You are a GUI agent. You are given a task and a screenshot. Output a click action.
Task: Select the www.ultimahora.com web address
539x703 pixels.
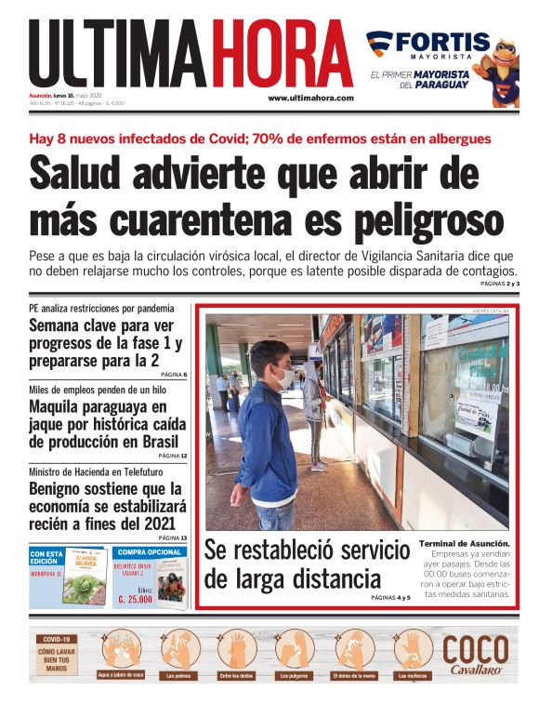pyautogui.click(x=310, y=99)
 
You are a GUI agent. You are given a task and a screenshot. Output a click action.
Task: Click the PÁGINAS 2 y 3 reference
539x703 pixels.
pyautogui.click(x=500, y=283)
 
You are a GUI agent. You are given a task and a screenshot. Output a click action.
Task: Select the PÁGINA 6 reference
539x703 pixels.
pyautogui.click(x=172, y=375)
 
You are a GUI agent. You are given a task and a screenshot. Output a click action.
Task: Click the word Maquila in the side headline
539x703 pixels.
pyautogui.click(x=59, y=407)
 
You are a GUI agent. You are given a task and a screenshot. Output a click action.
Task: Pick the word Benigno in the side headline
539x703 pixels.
pyautogui.click(x=63, y=489)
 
